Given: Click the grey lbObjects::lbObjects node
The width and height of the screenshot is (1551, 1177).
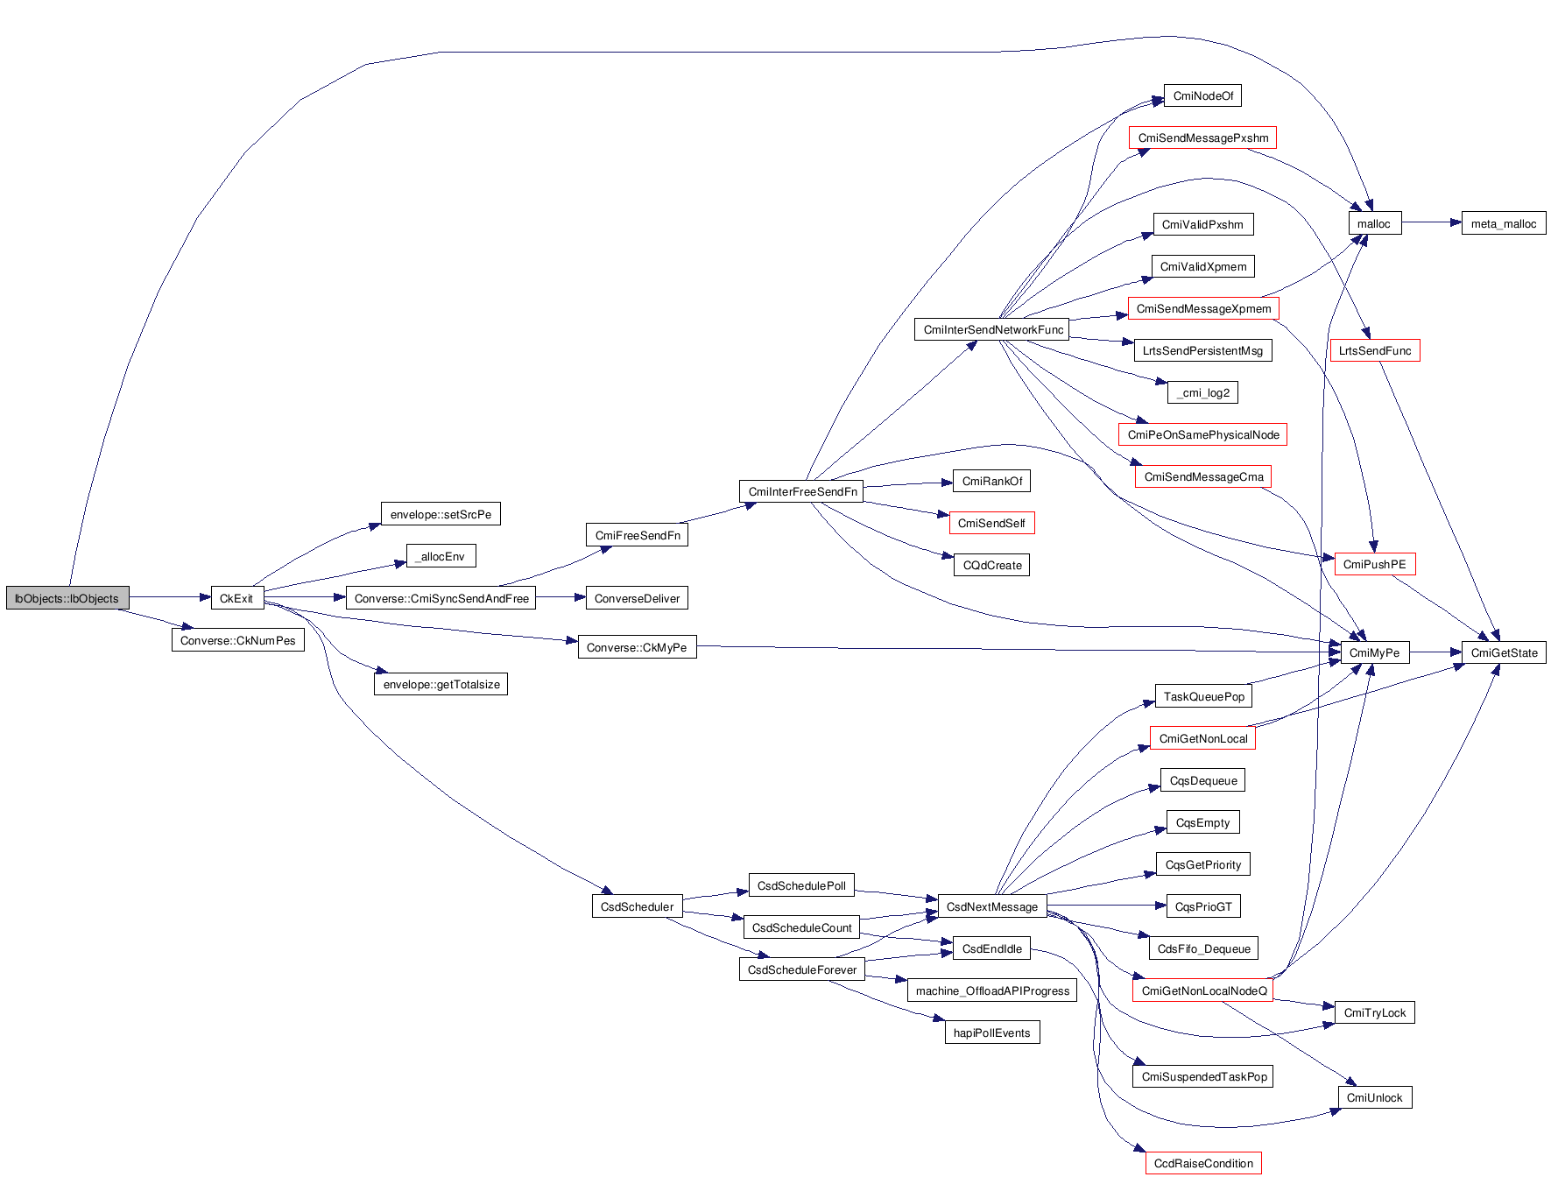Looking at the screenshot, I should click(67, 598).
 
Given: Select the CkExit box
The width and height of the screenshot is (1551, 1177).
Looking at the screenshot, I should click(236, 598).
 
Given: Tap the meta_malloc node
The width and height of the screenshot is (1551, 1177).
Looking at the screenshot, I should click(1503, 223).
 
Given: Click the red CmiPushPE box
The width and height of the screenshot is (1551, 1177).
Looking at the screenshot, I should click(1374, 564).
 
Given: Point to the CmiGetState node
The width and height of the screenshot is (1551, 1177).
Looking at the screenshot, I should click(1504, 652).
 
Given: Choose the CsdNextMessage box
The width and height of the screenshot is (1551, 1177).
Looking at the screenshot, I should click(991, 906).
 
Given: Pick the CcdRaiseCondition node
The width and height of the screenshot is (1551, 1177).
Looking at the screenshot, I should click(1202, 1163).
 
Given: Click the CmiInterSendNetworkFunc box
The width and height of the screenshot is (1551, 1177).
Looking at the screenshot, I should click(992, 329).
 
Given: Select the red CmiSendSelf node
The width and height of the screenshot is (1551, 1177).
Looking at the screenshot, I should click(991, 523).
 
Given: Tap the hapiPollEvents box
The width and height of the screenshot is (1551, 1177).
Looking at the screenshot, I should click(991, 1033).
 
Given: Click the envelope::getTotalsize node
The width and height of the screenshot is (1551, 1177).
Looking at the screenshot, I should click(441, 684).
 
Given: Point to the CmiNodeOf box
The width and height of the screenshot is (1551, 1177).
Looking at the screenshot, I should click(1202, 95).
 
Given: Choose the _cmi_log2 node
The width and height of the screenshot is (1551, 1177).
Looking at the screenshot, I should click(1202, 392).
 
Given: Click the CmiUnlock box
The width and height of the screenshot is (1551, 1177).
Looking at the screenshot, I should click(1374, 1097).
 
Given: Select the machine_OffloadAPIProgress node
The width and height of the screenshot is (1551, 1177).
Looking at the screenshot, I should click(992, 990).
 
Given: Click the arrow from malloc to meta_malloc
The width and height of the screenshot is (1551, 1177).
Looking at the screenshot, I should click(1431, 222).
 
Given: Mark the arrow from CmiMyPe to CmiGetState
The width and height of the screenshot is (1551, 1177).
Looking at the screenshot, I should click(1435, 652).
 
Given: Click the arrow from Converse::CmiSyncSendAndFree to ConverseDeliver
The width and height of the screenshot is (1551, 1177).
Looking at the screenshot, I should click(560, 597).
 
